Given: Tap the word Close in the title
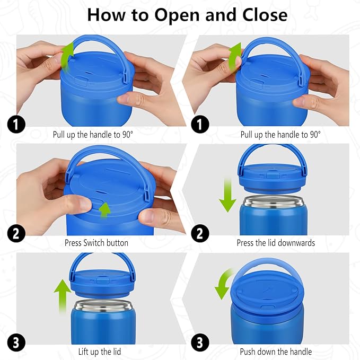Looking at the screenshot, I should click(260, 14).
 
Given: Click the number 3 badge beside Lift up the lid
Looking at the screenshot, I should click(16, 343).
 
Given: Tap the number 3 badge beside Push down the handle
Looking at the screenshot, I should click(201, 343).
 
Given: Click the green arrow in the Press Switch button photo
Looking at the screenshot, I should click(106, 210).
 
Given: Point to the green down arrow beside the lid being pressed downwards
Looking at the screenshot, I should click(228, 196).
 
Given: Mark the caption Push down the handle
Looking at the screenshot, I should click(276, 351).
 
